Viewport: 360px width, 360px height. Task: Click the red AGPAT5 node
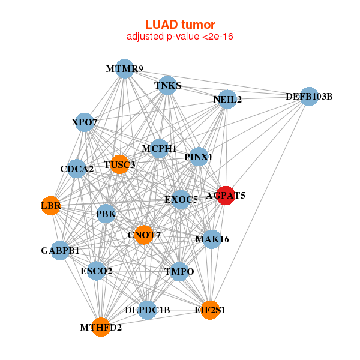(226, 195)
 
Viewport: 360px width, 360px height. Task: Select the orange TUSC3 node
(119, 164)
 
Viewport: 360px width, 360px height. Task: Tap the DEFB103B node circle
(308, 97)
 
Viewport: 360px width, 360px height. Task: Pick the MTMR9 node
(124, 69)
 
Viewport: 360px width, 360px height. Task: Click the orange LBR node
(50, 206)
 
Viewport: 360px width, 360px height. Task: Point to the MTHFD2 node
(101, 327)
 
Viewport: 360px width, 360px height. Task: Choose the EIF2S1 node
(209, 310)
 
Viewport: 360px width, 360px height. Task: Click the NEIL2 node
(227, 99)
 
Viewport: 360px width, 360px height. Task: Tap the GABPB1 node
(60, 250)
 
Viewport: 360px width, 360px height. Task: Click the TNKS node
(168, 86)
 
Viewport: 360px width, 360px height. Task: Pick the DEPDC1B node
(148, 310)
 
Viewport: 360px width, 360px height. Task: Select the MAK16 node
(212, 239)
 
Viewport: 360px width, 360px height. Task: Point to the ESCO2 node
(96, 271)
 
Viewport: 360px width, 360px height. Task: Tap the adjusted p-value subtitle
(180, 37)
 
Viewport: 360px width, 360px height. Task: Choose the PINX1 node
(199, 157)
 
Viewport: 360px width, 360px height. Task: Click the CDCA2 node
(77, 169)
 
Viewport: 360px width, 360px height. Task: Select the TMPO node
(179, 272)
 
